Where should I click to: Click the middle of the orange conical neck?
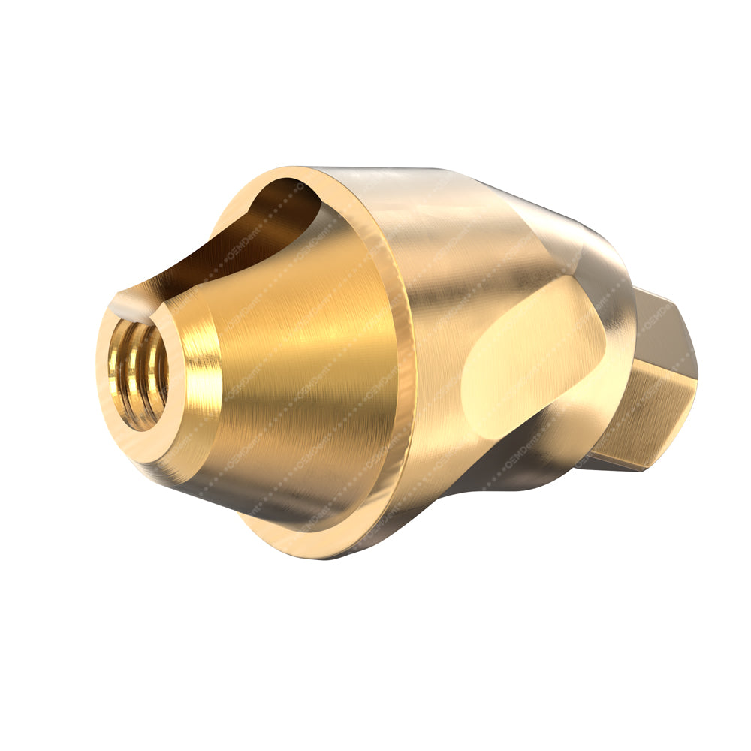click(x=300, y=375)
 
